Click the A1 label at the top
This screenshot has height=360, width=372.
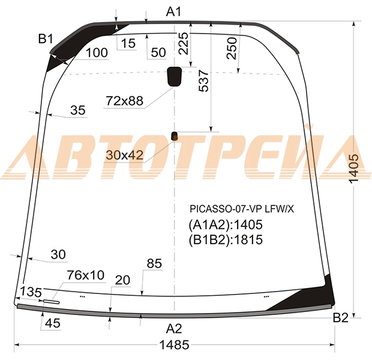(x=173, y=11)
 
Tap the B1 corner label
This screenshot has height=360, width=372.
(x=46, y=38)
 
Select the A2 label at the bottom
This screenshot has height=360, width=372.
(x=174, y=329)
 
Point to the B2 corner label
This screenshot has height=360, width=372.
(x=340, y=318)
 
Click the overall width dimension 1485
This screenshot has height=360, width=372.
(x=175, y=345)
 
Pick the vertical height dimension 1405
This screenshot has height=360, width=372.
(x=354, y=169)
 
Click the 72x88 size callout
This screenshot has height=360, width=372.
(x=125, y=101)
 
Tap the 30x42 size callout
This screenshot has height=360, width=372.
(x=125, y=155)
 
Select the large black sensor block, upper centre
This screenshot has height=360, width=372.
(x=175, y=76)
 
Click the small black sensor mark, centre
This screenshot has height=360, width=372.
(x=175, y=136)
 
